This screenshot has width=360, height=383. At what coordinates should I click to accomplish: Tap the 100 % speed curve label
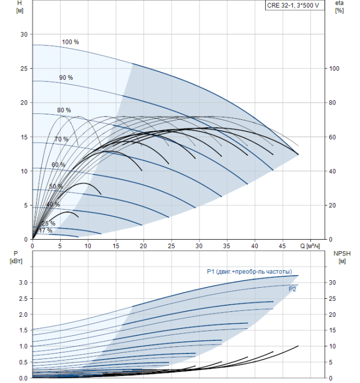[70, 42]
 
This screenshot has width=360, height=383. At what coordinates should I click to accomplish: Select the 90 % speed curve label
[66, 78]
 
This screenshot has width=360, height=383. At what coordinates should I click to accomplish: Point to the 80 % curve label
[64, 110]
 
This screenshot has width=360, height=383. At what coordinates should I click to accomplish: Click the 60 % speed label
[59, 165]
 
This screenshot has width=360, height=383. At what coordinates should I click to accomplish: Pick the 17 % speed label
[45, 230]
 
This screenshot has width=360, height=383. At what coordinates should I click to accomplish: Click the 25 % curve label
[48, 223]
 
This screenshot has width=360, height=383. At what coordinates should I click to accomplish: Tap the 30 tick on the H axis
[24, 34]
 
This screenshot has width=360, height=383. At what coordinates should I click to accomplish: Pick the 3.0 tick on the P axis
[22, 282]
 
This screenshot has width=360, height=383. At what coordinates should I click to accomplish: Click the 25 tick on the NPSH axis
[335, 299]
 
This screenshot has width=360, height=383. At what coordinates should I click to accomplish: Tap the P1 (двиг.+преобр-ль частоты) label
[249, 271]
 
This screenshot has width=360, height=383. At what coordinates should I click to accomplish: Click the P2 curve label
[292, 289]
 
